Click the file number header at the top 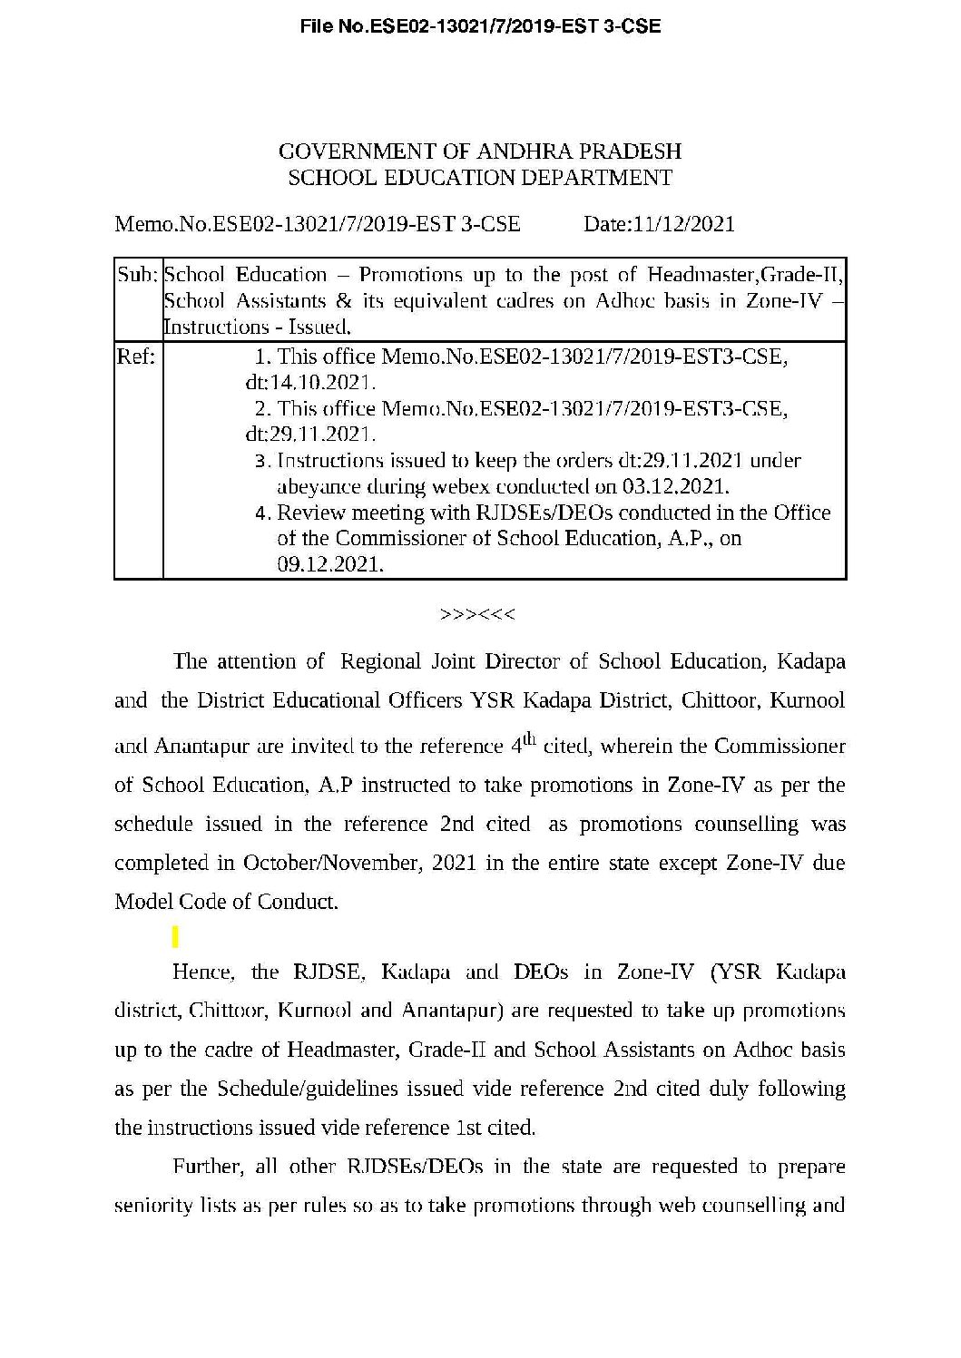pyautogui.click(x=480, y=27)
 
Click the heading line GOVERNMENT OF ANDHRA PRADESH pyautogui.click(x=480, y=151)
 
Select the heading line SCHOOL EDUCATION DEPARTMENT pyautogui.click(x=480, y=177)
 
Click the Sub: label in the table pyautogui.click(x=138, y=274)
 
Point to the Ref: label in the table pyautogui.click(x=136, y=357)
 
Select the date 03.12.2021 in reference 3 pyautogui.click(x=676, y=486)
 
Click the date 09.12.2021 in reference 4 pyautogui.click(x=330, y=564)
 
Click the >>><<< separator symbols pyautogui.click(x=477, y=614)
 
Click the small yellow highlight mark pyautogui.click(x=175, y=935)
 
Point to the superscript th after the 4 pyautogui.click(x=529, y=739)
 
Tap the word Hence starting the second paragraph pyautogui.click(x=204, y=972)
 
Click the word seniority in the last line pyautogui.click(x=152, y=1206)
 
